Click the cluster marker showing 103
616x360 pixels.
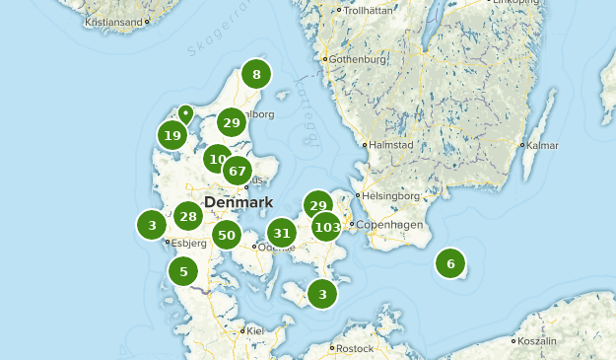326,227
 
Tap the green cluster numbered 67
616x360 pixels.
237,172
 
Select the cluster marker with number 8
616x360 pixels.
256,74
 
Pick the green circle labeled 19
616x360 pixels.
172,136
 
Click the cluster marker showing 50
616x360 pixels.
227,235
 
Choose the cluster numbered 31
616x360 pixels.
282,234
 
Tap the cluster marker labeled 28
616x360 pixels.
188,217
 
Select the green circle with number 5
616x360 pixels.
183,271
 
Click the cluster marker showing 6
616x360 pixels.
450,263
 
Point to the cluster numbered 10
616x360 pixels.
217,159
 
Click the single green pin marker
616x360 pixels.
185,114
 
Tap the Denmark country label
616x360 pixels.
239,202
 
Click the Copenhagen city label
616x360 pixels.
389,224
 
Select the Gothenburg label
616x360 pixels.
357,59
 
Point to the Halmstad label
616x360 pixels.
390,145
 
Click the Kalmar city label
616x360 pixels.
543,145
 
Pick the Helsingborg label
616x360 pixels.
391,195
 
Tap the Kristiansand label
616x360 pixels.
112,21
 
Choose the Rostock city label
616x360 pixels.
355,348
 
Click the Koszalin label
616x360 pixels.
537,340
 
